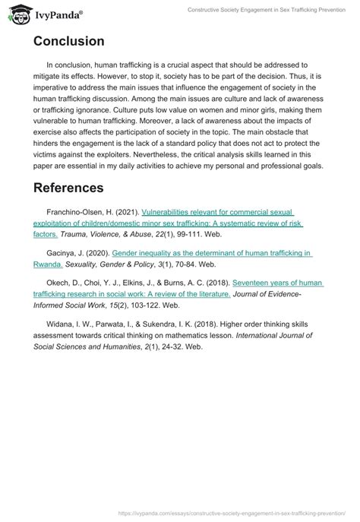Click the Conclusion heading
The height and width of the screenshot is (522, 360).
pos(69,41)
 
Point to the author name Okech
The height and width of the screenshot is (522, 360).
pos(59,282)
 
